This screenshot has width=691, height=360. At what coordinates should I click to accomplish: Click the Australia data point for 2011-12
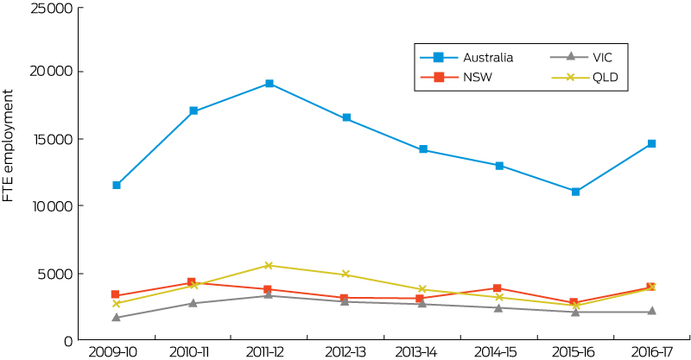point(269,84)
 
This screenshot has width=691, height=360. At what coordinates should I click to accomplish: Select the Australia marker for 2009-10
point(117,185)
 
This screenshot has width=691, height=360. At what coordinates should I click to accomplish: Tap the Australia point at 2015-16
point(575,191)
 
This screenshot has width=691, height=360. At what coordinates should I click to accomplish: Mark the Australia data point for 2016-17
point(651,143)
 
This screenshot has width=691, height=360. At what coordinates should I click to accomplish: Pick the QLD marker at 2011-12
point(269,265)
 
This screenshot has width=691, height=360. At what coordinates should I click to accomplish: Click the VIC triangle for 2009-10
point(117,318)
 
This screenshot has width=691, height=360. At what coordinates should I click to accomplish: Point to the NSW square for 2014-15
point(498,288)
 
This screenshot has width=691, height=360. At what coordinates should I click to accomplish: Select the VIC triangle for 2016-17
point(651,312)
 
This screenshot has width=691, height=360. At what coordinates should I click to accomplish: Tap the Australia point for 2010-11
point(193,111)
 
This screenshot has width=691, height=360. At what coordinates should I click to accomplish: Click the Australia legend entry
point(466,58)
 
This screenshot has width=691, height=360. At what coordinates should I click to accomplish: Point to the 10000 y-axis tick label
point(53,206)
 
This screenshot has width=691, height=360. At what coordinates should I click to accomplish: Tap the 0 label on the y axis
point(67,340)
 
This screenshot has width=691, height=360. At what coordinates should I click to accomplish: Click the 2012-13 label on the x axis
point(346,352)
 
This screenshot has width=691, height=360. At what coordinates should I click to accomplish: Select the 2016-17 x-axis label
point(651,352)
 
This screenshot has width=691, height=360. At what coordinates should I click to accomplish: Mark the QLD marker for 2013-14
point(422,289)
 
